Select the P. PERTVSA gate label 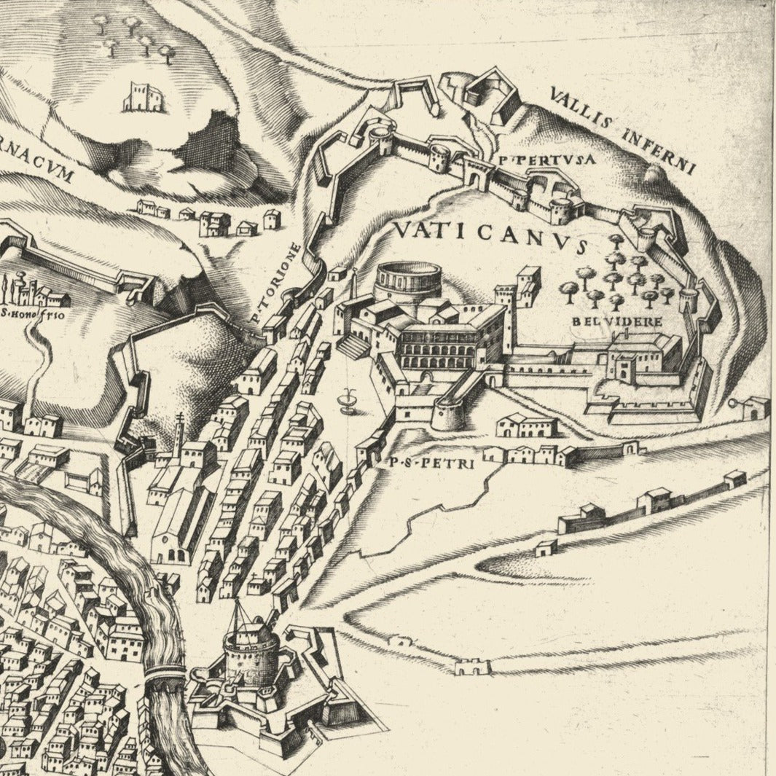coord(538,158)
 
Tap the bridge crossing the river coord(165,678)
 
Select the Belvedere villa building coord(634,357)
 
